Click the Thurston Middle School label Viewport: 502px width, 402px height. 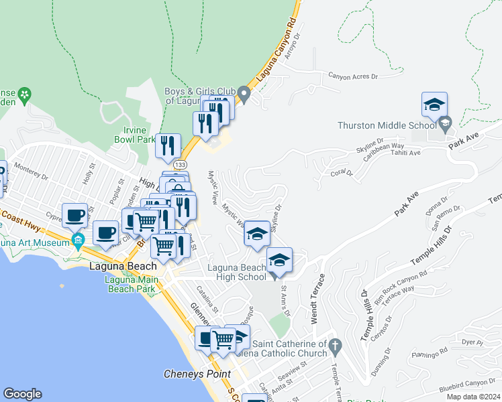coord(387,125)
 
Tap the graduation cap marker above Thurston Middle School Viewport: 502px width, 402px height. coord(434,105)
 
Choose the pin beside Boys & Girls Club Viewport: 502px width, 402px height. coord(245,97)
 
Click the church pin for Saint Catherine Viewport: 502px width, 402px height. coord(336,346)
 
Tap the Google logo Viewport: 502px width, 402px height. coord(22,394)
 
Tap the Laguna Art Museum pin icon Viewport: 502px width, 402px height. coord(79,242)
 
